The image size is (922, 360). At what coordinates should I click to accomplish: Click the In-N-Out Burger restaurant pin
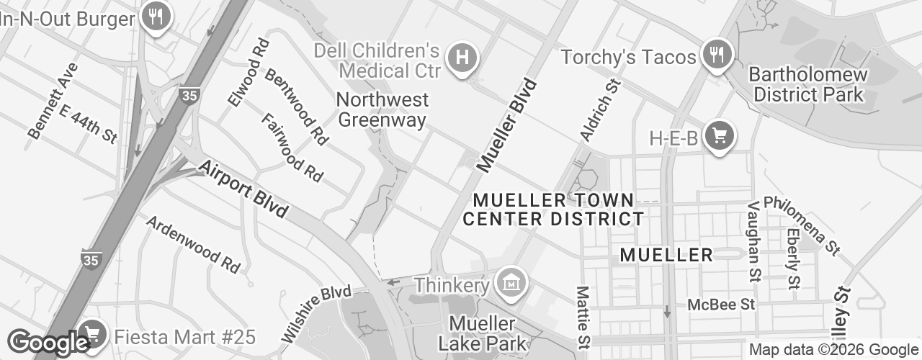pyautogui.click(x=154, y=16)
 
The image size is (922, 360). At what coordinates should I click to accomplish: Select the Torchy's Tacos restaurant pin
pyautogui.click(x=716, y=55)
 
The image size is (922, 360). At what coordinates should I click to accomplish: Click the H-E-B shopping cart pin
pyautogui.click(x=718, y=135)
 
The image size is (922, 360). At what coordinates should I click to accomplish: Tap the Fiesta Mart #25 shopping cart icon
pyautogui.click(x=91, y=333)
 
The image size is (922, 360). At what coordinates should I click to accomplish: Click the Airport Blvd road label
pyautogui.click(x=243, y=189)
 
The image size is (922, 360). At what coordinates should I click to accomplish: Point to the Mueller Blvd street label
pyautogui.click(x=507, y=125)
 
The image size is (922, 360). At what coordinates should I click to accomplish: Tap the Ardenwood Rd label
pyautogui.click(x=192, y=243)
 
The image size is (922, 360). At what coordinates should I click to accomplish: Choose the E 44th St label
pyautogui.click(x=88, y=123)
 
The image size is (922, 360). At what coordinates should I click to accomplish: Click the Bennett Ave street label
pyautogui.click(x=53, y=100)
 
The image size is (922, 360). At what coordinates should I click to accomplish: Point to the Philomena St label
pyautogui.click(x=802, y=225)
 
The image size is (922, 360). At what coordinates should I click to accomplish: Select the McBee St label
pyautogui.click(x=721, y=305)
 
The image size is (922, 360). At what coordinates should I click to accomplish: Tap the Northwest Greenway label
pyautogui.click(x=382, y=109)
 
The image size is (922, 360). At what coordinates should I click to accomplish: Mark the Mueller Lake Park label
pyautogui.click(x=482, y=333)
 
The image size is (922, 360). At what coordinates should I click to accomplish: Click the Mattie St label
pyautogui.click(x=582, y=309)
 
